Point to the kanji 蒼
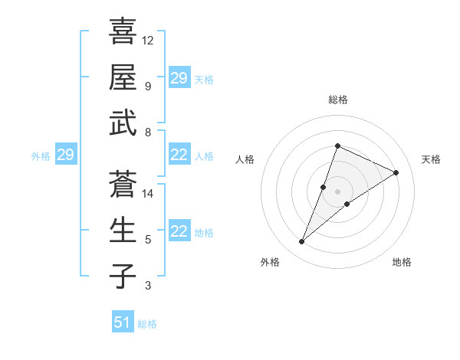[x=123, y=184]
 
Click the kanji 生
[x=123, y=230]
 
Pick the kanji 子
[x=123, y=276]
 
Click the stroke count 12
[x=148, y=40]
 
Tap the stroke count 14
[x=148, y=194]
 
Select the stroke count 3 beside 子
[x=148, y=286]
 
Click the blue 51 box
[x=123, y=322]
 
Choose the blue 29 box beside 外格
[x=65, y=155]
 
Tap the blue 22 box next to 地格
[x=179, y=232]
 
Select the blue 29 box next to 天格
[x=179, y=78]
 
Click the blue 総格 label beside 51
[x=147, y=324]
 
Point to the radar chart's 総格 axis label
[x=337, y=100]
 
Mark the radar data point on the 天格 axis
[x=396, y=173]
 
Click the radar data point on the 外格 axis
[x=302, y=242]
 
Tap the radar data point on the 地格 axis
[x=347, y=204]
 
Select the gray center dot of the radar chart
[x=337, y=191]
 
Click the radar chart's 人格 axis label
[x=245, y=159]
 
